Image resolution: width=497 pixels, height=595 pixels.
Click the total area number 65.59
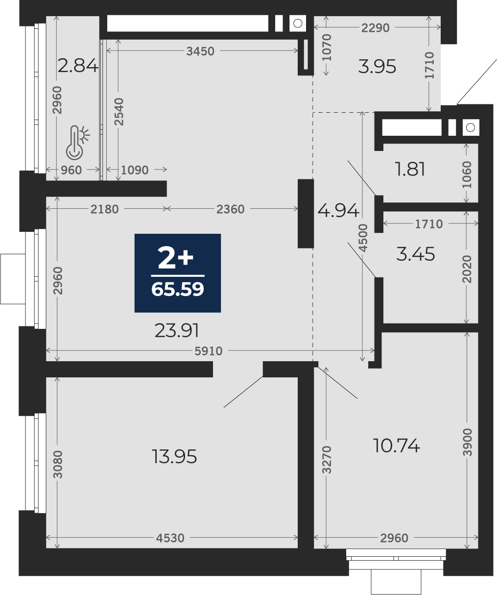(x=178, y=289)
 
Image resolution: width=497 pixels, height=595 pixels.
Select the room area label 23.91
(x=176, y=330)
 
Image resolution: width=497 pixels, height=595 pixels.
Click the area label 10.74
(x=396, y=446)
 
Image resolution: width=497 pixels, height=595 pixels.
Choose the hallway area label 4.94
(x=338, y=211)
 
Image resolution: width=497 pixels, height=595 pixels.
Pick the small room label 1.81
(x=410, y=169)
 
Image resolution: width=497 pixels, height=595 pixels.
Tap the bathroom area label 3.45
(x=416, y=254)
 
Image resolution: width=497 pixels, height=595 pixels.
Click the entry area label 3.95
(x=377, y=66)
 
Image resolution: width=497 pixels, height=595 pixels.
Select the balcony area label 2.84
(x=78, y=66)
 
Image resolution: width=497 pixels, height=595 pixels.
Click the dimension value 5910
(x=209, y=351)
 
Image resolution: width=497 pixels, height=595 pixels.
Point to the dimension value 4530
(x=170, y=538)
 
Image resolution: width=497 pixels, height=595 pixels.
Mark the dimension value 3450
(x=200, y=51)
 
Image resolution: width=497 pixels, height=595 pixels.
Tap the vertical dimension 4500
(x=363, y=238)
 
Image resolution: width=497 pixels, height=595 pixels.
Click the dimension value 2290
(x=375, y=28)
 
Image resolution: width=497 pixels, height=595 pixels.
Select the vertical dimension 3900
(x=467, y=442)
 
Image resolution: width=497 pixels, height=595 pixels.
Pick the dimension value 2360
(x=230, y=209)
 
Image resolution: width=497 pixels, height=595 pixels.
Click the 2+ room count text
(x=175, y=258)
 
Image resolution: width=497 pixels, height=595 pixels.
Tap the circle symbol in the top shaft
(x=297, y=24)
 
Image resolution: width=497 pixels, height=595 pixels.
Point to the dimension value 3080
(x=58, y=464)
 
